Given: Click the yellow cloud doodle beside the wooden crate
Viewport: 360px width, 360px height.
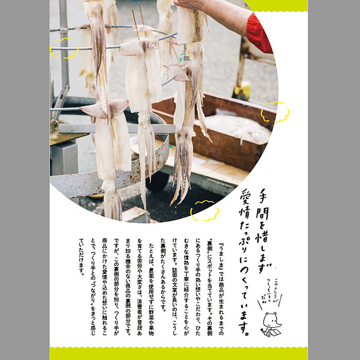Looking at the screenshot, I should (275, 112).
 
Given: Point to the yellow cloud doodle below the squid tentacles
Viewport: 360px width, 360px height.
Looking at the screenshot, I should (204, 210).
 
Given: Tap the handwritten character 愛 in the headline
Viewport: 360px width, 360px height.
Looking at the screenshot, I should (245, 197).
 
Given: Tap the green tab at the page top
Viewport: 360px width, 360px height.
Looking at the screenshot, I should (278, 5).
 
